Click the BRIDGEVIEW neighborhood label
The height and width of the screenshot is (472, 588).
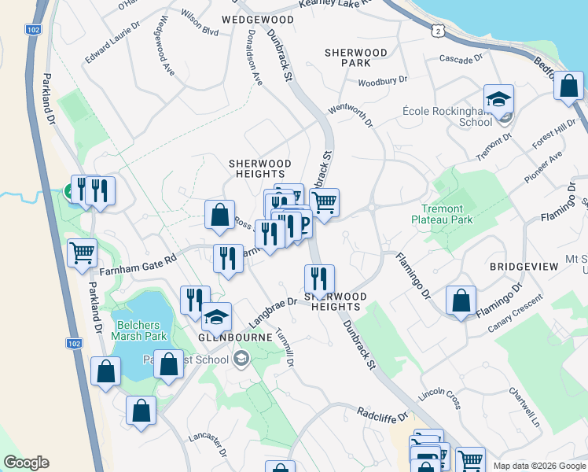pos(524,267)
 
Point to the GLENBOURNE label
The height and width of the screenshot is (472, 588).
pos(229,335)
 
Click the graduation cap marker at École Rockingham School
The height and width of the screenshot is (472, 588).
pos(498,99)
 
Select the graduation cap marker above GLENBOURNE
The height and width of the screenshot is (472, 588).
pos(215,317)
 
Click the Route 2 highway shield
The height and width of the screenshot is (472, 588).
pos(437,28)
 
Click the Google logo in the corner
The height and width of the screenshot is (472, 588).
pos(26,463)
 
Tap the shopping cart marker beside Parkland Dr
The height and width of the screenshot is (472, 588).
pos(83,253)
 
